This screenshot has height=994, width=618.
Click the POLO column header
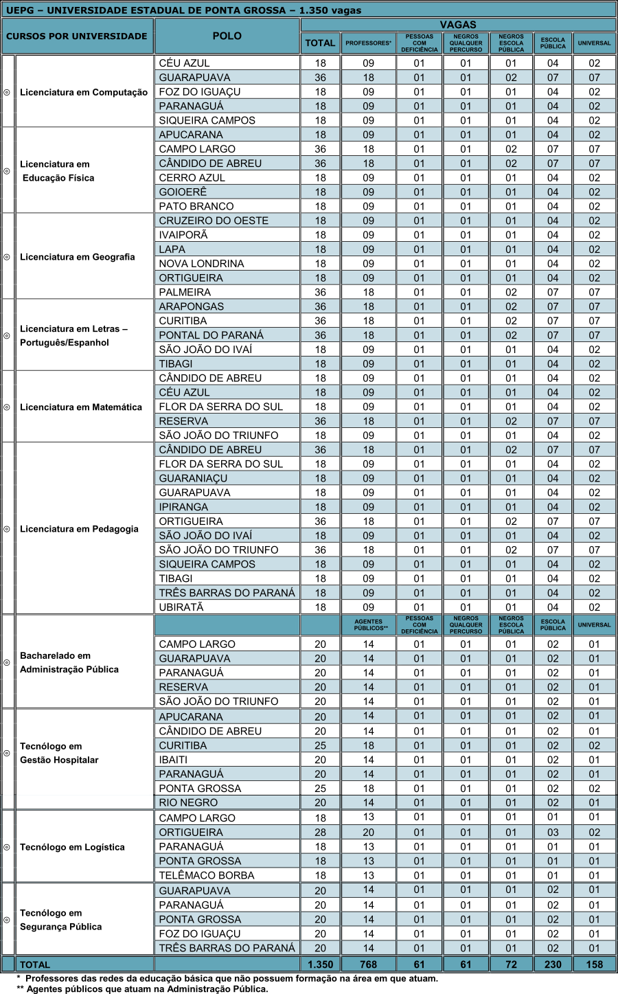[x=227, y=36]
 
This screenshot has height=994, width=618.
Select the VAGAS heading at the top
[x=457, y=25]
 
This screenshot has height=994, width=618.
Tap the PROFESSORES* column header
[x=368, y=43]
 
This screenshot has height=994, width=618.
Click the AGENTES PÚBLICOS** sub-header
[x=368, y=624]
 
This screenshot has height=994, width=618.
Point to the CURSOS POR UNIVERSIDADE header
[x=77, y=36]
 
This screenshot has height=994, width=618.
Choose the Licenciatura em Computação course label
[x=84, y=92]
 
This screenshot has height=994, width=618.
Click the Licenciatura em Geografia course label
[x=78, y=257]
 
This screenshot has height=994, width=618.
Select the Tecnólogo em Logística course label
[x=72, y=847]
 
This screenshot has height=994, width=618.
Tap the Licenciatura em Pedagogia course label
[x=79, y=529]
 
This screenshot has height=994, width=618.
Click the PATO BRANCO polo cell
[x=196, y=206]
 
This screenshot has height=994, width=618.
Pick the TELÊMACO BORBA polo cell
[x=207, y=875]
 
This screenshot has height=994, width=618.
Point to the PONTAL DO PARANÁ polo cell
[x=211, y=335]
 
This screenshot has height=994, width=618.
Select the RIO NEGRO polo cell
[x=188, y=802]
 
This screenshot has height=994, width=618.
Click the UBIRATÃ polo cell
[x=181, y=607]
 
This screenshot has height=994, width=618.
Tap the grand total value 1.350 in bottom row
[x=320, y=964]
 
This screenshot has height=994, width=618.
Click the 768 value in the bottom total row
[x=368, y=964]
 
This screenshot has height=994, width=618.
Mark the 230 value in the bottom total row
[x=553, y=964]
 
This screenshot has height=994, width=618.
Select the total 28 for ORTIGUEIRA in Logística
[x=320, y=833]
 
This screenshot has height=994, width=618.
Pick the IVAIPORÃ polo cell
[x=183, y=235]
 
